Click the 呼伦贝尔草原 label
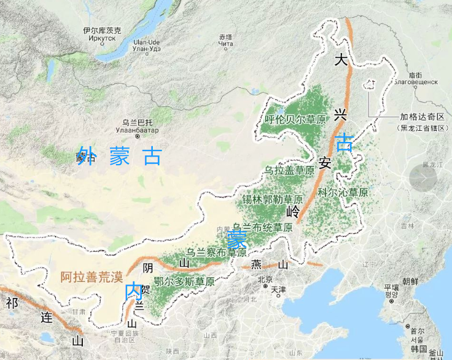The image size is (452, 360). tap(295, 119)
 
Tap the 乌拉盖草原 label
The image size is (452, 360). tap(289, 170)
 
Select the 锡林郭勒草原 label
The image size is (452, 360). tap(273, 200)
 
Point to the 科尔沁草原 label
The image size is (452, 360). tap(343, 192)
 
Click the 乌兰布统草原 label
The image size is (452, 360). tap(262, 227)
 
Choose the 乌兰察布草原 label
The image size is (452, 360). tap(217, 252)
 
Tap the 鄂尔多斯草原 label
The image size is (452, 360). tap(184, 282)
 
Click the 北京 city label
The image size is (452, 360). tap(265, 280)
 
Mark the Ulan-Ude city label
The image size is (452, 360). tap(147, 44)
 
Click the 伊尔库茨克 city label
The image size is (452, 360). tap(103, 30)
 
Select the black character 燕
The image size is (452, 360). tap(257, 265)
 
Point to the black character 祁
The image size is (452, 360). tap(12, 302)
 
